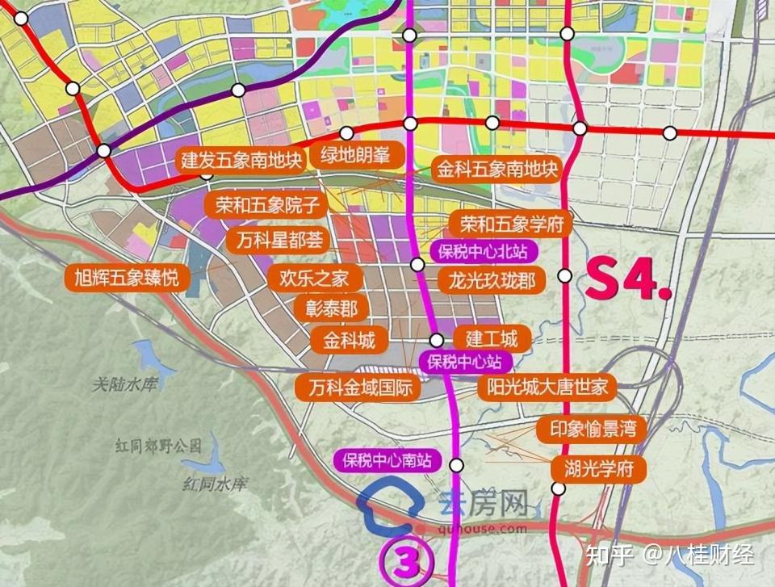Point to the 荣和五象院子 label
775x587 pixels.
coord(267,205)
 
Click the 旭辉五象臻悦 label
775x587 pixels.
coord(128,279)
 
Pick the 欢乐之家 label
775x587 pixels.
coord(314,279)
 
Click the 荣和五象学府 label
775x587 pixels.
coord(511,223)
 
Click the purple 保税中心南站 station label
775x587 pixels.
coord(387,461)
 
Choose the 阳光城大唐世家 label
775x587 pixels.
coord(547,387)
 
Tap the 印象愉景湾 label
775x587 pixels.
coord(592,430)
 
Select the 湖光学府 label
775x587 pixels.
coord(598,468)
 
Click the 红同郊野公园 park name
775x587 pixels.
coord(157,446)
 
